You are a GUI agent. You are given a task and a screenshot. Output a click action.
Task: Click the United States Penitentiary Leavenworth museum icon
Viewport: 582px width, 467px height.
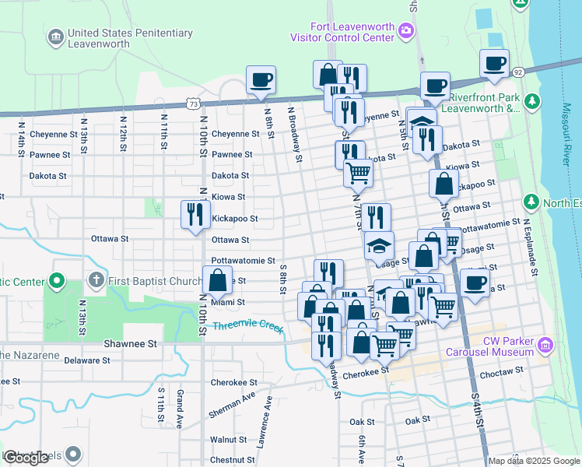[x=55, y=37]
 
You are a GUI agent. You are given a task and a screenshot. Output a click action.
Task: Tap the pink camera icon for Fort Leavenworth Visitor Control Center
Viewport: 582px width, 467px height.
[x=405, y=31]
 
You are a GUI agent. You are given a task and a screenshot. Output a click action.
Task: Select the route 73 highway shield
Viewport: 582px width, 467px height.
[x=194, y=103]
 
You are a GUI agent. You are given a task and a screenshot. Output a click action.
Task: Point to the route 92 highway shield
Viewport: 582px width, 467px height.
[x=517, y=72]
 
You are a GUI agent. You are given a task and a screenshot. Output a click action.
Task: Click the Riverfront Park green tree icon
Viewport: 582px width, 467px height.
[x=532, y=101]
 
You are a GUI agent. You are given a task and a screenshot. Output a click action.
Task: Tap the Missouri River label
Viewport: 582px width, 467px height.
[x=564, y=148]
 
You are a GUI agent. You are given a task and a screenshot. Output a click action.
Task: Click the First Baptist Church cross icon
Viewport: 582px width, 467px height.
[x=96, y=279]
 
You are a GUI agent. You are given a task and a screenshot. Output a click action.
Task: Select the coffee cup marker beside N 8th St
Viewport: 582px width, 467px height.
[x=261, y=79]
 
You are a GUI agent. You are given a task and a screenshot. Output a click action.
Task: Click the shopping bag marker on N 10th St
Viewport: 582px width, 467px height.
[x=217, y=280]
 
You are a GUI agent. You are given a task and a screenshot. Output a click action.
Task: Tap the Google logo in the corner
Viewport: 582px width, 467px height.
[x=26, y=458]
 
